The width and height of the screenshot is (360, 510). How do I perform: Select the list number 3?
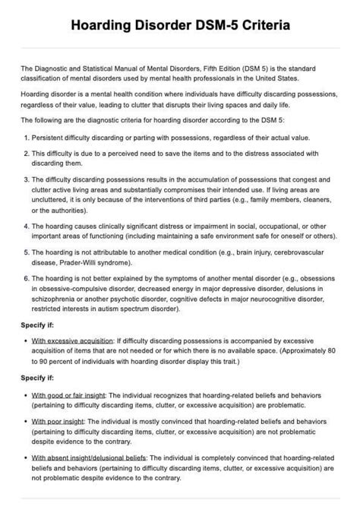[26, 179]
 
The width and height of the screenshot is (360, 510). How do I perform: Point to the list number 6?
[26, 279]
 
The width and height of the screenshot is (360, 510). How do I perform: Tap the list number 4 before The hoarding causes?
[26, 226]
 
